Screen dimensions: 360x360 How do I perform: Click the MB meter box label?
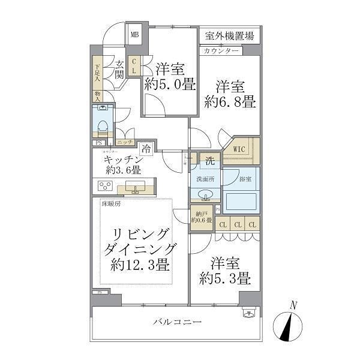[x=135, y=34]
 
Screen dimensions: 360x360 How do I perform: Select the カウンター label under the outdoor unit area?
[x=221, y=50]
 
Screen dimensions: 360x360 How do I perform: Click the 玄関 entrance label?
[x=119, y=70]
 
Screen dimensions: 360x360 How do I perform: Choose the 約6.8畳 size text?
[x=229, y=102]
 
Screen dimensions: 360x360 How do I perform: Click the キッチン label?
[x=123, y=160]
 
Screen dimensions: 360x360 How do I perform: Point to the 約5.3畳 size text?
[x=226, y=278]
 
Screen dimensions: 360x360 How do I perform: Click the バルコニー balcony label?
[x=176, y=322]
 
